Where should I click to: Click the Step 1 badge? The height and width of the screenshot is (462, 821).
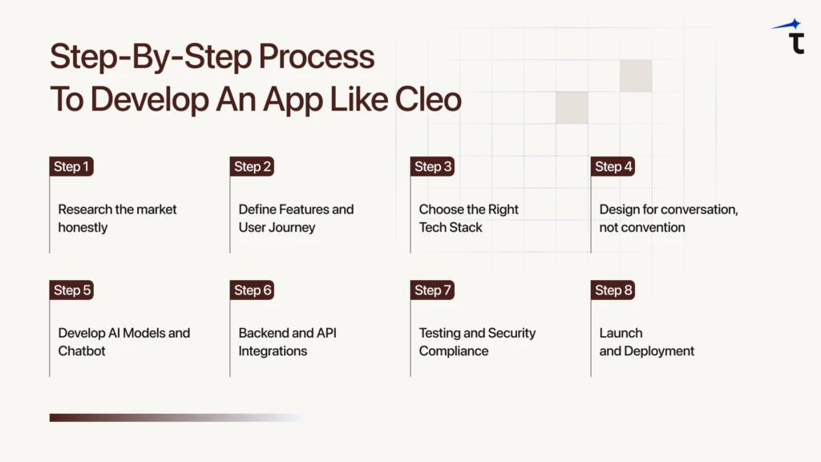(x=71, y=167)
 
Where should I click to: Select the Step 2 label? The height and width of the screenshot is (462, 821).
(x=252, y=167)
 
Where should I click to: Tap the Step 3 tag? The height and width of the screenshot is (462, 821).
(x=432, y=167)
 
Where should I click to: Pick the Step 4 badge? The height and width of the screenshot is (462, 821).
(x=613, y=167)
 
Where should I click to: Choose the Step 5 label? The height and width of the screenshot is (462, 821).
(x=71, y=290)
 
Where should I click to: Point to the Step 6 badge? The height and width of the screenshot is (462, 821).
(x=252, y=290)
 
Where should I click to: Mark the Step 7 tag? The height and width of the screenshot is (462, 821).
(x=432, y=290)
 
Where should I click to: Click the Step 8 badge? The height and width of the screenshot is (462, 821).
(x=613, y=290)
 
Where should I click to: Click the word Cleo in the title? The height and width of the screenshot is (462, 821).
(x=429, y=99)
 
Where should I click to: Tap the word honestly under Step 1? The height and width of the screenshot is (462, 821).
(x=83, y=227)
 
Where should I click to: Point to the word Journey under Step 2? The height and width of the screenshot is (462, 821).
(x=293, y=227)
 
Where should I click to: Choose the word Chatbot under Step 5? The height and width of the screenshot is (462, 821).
(x=82, y=351)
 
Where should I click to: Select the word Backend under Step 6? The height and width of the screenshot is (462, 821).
(x=264, y=333)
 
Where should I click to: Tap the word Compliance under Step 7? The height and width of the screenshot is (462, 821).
(x=454, y=351)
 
